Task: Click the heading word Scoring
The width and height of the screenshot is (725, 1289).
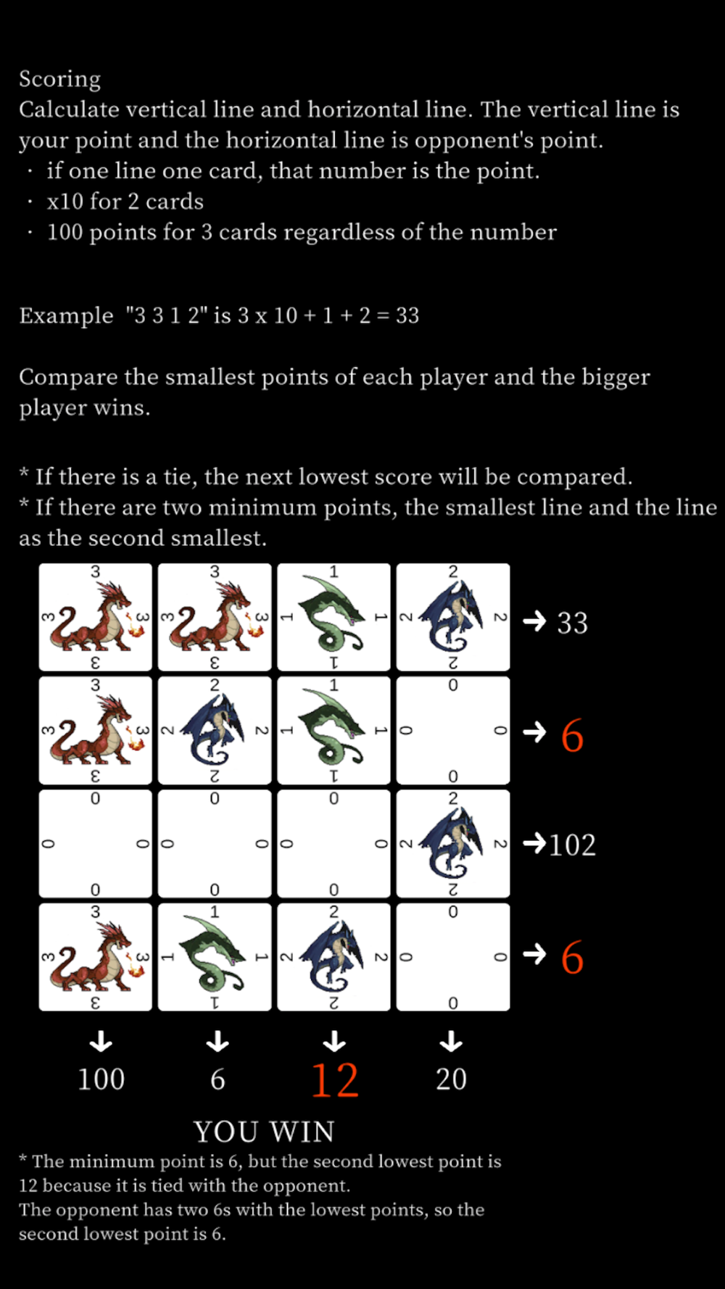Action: [59, 79]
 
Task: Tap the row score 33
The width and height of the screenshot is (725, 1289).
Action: [572, 623]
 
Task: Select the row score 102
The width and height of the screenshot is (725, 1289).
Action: [572, 845]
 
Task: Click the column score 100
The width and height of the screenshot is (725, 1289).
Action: [101, 1079]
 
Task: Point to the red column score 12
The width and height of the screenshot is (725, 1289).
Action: [334, 1079]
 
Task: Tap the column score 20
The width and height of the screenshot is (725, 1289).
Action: [451, 1079]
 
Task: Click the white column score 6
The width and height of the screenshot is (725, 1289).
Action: [217, 1079]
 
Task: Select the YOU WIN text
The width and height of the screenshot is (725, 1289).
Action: [264, 1131]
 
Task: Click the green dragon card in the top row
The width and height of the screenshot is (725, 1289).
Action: [333, 617]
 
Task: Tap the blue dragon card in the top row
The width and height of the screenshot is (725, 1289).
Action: [453, 617]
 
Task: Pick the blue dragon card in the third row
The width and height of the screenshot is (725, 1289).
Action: [453, 844]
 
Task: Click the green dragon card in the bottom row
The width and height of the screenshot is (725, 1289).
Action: [215, 957]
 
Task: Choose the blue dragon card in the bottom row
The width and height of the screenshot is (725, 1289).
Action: [333, 957]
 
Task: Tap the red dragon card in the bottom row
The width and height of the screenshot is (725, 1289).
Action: [95, 957]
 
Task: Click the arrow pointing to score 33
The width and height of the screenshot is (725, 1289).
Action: [534, 621]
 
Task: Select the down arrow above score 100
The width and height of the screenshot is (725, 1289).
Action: [101, 1042]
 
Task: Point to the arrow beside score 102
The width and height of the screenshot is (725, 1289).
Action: [534, 843]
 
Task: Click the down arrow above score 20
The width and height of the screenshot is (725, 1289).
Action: [451, 1042]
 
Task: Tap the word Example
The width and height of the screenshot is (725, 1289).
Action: [66, 316]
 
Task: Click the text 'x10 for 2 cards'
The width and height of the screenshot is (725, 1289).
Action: [125, 202]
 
